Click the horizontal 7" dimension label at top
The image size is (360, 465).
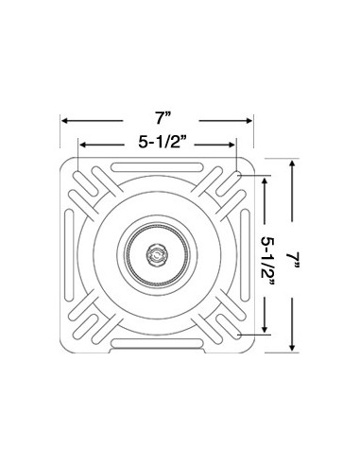click(x=163, y=119)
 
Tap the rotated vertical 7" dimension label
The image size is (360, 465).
click(x=293, y=260)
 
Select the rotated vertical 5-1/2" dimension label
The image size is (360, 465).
click(x=267, y=256)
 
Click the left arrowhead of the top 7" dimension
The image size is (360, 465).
click(x=64, y=121)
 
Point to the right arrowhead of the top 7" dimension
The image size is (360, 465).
click(x=249, y=121)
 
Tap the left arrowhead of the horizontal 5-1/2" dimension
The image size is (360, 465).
click(x=82, y=145)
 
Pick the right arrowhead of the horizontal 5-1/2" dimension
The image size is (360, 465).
click(x=231, y=145)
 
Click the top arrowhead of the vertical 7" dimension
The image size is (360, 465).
click(x=293, y=164)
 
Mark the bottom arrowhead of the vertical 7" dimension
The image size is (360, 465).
click(x=293, y=347)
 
